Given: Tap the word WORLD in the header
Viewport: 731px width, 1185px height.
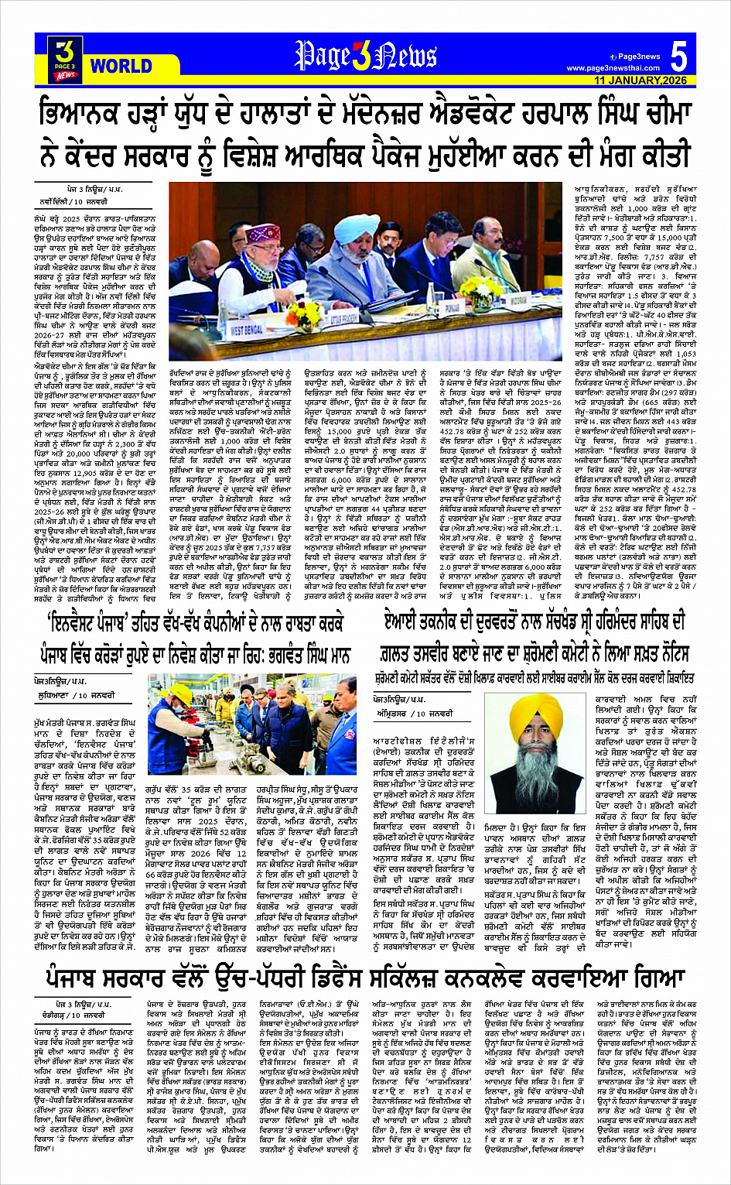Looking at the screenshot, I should point(121,66).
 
